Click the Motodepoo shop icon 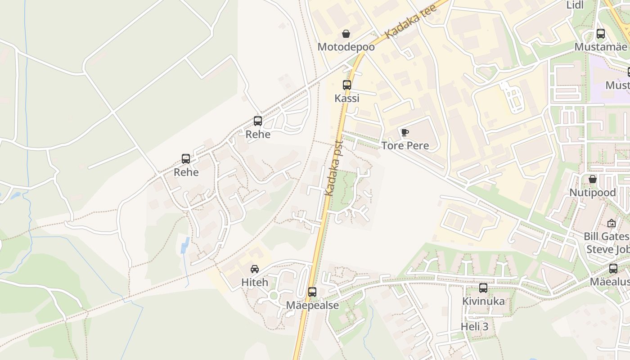346,34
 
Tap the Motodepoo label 346,47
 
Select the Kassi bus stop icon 347,85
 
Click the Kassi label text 347,98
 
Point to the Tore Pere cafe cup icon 405,132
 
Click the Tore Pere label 405,145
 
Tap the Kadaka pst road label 334,168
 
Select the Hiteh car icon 255,269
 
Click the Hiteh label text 255,282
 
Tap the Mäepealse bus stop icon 312,292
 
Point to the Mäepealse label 312,305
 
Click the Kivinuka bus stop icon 483,288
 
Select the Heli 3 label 474,326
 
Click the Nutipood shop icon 593,179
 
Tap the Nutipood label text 593,192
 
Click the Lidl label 575,5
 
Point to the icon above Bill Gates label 611,223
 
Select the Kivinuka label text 483,301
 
